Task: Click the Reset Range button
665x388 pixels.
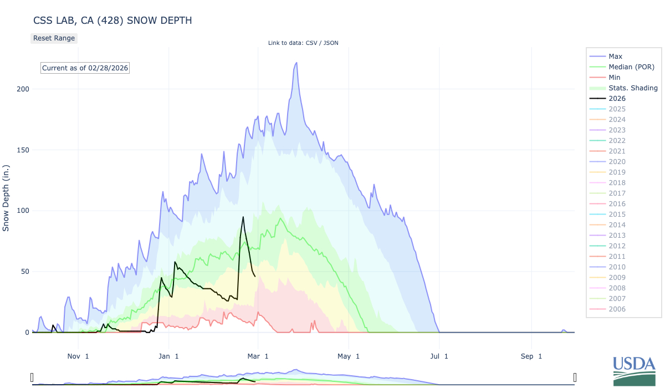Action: pyautogui.click(x=54, y=38)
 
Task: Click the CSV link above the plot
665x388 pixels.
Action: pyautogui.click(x=315, y=43)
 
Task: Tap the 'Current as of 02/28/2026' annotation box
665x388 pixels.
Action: pyautogui.click(x=85, y=68)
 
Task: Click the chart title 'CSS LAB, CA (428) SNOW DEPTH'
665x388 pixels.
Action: pyautogui.click(x=112, y=21)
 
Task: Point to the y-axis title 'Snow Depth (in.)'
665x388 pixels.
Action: pyautogui.click(x=7, y=198)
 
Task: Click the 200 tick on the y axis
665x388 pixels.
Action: pyautogui.click(x=22, y=89)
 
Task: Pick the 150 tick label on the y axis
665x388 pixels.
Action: pyautogui.click(x=22, y=150)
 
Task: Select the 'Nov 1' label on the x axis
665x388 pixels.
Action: pyautogui.click(x=79, y=356)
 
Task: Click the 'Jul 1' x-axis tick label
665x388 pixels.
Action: pyautogui.click(x=438, y=356)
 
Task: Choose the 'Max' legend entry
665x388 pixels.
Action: pyautogui.click(x=615, y=57)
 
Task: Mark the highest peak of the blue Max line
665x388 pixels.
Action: pyautogui.click(x=296, y=63)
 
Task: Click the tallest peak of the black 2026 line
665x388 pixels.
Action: pyautogui.click(x=243, y=217)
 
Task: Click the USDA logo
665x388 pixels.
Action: pyautogui.click(x=633, y=370)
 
